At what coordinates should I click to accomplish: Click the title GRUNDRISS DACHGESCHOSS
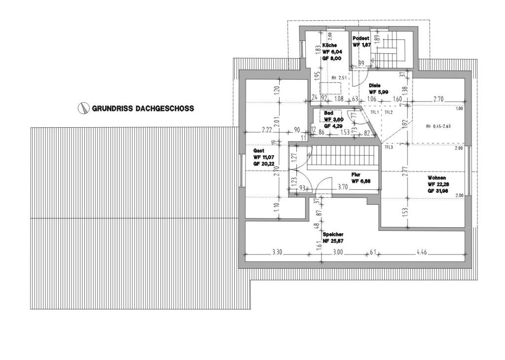click(143, 108)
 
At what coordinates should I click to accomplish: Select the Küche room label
click(329, 45)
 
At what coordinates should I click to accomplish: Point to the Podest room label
click(361, 38)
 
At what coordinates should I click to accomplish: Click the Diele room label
click(375, 85)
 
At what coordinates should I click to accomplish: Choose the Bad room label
click(328, 113)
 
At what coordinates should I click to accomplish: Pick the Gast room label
click(259, 150)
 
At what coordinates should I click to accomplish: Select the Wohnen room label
click(437, 177)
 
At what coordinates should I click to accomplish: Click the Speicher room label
click(333, 234)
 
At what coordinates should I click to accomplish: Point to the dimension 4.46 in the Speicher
click(422, 252)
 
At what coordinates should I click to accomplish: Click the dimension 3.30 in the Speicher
click(277, 252)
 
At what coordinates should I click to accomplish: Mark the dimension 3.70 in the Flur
click(343, 187)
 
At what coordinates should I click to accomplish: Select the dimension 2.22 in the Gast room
click(267, 130)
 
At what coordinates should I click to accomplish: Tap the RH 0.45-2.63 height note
click(438, 126)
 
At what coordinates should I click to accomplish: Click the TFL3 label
click(389, 147)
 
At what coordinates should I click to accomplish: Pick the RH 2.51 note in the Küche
click(339, 77)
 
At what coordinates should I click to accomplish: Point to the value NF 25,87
click(333, 241)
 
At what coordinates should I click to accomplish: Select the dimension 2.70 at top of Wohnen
click(438, 99)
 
